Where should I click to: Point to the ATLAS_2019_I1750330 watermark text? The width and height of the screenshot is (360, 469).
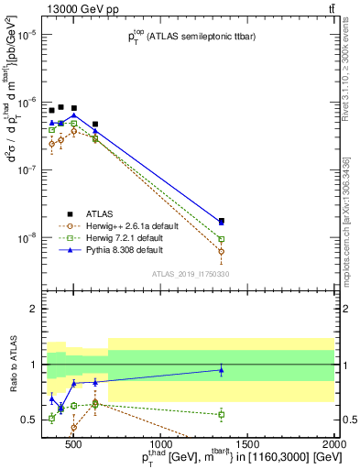(x=191, y=273)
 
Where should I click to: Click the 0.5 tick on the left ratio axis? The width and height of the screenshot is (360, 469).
(x=30, y=420)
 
